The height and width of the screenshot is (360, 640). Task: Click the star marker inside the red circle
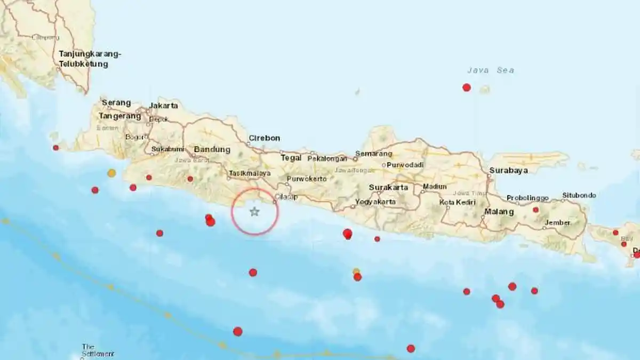pos(254,212)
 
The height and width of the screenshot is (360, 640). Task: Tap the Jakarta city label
pos(164,106)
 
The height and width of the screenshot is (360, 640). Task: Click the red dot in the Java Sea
pos(467,87)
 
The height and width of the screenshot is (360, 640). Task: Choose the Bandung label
pos(212,149)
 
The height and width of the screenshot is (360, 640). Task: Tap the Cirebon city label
pos(264,138)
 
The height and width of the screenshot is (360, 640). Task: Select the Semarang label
pos(374,154)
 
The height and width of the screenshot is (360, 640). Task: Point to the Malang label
pos(499,212)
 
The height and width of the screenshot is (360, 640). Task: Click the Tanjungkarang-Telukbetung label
pos(90,59)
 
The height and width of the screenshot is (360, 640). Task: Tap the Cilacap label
pos(286,197)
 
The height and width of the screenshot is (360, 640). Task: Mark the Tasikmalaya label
pos(249,173)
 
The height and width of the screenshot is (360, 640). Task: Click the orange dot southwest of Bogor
pos(111,173)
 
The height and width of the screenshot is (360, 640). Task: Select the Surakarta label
pos(388,188)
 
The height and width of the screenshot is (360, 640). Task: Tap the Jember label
pos(558,222)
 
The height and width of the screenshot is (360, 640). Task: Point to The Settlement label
pos(98,350)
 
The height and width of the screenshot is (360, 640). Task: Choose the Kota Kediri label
pos(458,203)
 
